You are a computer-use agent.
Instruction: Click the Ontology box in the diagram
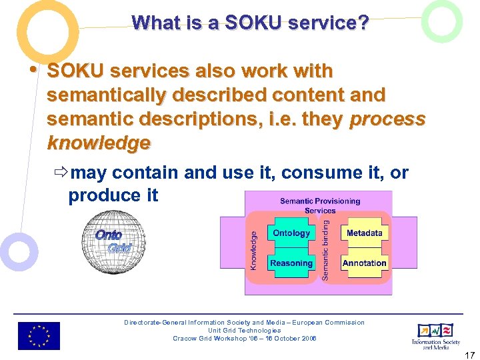291,233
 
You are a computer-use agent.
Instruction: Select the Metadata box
364,233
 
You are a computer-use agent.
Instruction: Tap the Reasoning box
291,263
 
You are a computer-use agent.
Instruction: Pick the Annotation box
364,263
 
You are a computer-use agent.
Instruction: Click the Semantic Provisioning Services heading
320,205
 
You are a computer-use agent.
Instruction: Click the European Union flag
39,336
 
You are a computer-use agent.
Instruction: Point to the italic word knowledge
99,143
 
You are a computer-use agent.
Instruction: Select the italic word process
387,119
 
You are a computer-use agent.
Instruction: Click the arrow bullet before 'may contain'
61,173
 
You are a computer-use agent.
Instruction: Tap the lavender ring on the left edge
18,253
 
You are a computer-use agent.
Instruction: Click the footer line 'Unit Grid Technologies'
244,331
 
